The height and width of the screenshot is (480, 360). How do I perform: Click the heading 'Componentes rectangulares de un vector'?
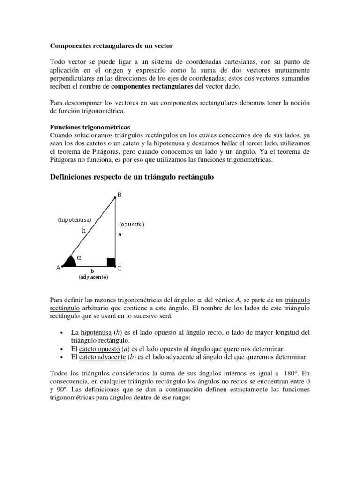click(112, 46)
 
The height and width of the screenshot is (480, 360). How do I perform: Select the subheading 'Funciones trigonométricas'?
click(90, 127)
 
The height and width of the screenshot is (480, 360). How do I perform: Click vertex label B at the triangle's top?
click(119, 195)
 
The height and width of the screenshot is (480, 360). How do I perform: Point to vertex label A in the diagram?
click(58, 268)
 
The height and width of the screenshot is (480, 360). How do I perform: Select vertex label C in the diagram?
click(120, 268)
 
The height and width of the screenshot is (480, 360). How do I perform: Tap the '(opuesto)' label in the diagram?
click(132, 224)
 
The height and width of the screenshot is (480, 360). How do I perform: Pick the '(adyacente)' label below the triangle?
click(93, 277)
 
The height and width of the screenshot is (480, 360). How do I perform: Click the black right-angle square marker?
click(111, 262)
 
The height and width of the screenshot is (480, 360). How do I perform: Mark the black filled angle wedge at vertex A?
click(70, 262)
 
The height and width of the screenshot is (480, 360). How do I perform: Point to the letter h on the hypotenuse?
click(84, 230)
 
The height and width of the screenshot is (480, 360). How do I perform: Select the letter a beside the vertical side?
click(120, 234)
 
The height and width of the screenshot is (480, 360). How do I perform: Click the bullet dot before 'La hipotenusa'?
click(62, 333)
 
